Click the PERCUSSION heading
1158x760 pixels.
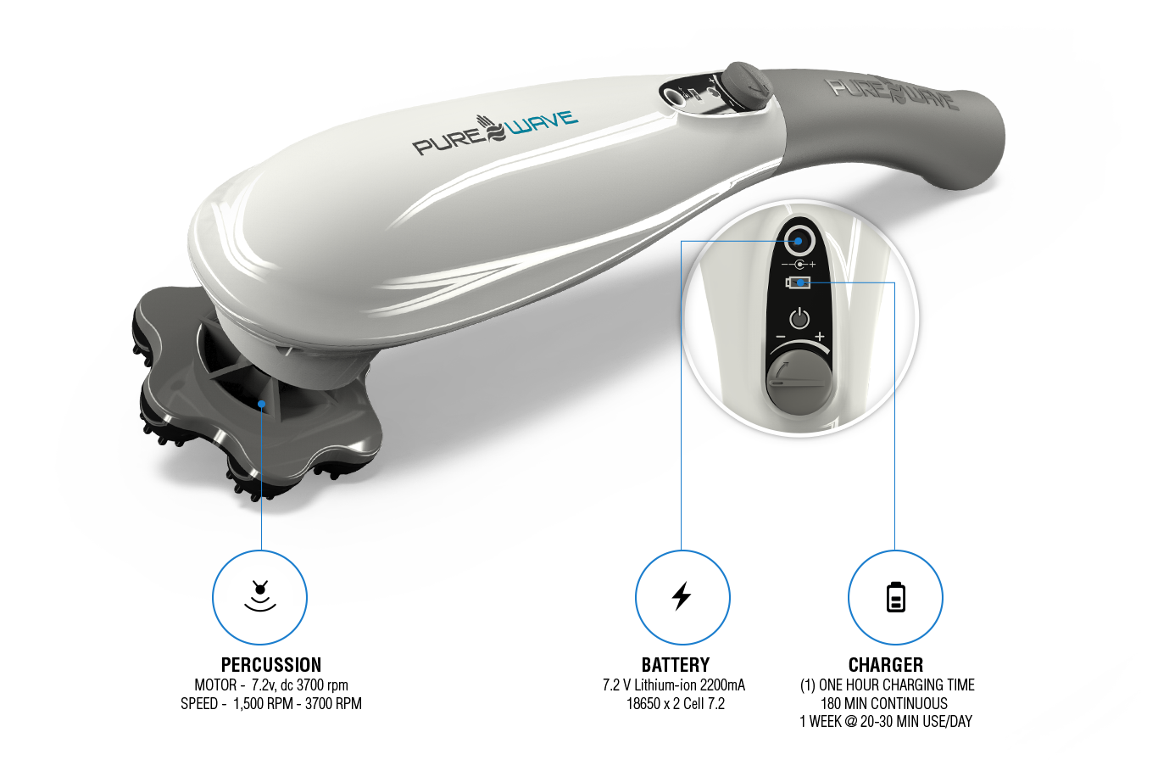(x=270, y=665)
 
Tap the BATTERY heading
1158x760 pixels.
(x=675, y=665)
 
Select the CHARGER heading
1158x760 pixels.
(x=885, y=665)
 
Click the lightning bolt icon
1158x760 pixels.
(x=681, y=596)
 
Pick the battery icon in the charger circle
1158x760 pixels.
(x=895, y=597)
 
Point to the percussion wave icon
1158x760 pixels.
(x=261, y=596)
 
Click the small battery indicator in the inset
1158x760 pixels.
(x=799, y=283)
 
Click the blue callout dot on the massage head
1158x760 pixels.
(x=263, y=404)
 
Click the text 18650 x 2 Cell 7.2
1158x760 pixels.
(x=675, y=703)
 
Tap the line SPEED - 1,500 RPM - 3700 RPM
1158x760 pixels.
(x=270, y=703)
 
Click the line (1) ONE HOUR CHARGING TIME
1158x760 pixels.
(x=887, y=685)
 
